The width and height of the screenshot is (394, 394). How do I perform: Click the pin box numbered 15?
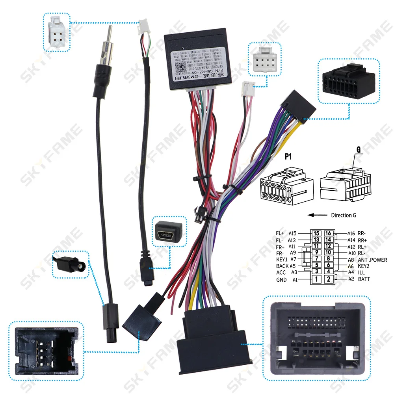[x=316, y=233]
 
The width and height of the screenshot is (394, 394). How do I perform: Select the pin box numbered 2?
[x=328, y=279]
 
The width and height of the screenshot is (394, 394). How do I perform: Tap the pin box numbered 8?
[x=328, y=259]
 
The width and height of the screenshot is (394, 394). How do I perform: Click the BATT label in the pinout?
[x=364, y=279]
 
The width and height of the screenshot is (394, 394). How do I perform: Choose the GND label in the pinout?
[x=281, y=280]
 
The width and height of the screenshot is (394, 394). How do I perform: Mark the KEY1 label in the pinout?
[x=282, y=259]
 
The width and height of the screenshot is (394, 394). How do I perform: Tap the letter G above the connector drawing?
[x=359, y=150]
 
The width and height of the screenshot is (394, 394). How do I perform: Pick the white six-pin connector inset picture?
[x=57, y=32]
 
